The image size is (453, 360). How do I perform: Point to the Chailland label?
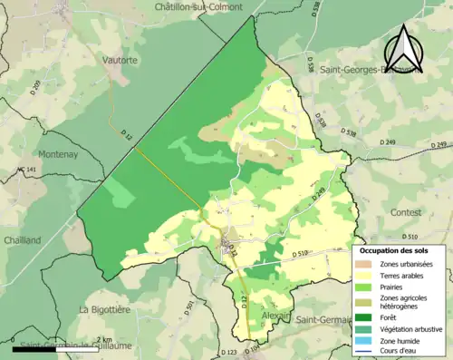point(21,240)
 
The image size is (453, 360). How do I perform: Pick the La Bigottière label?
point(109,309)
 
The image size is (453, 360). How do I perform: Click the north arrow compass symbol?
point(404,47)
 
